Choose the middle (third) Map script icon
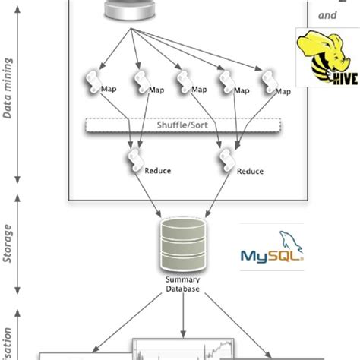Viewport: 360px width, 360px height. point(182,82)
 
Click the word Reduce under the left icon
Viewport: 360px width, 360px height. point(157,171)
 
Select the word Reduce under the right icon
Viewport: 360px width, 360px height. point(248,171)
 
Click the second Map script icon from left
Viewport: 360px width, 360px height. point(140,82)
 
